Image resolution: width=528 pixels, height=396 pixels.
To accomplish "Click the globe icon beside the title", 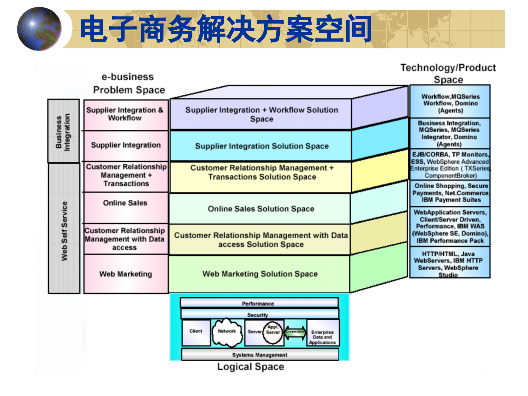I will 39,29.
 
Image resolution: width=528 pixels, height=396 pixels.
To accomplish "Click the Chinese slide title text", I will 226,29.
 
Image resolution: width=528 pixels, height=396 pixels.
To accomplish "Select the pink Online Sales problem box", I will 126,208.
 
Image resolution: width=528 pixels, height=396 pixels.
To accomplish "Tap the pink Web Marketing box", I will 126,274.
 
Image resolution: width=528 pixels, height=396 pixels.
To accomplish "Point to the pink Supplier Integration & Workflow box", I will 126,114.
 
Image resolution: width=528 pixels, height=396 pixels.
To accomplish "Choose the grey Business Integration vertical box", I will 64,131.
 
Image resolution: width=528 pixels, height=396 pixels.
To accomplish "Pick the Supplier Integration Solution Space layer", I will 261,146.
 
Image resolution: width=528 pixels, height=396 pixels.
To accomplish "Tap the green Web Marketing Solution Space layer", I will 260,274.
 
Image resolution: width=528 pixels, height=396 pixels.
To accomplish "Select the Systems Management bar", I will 260,355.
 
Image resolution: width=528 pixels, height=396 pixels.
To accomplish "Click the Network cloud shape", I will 227,332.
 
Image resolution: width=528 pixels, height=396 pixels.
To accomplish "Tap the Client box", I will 196,332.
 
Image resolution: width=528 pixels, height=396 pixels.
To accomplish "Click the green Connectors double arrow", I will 295,332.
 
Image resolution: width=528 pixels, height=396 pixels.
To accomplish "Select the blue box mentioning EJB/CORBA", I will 450,165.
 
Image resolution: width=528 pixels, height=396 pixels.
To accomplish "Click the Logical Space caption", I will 251,367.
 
